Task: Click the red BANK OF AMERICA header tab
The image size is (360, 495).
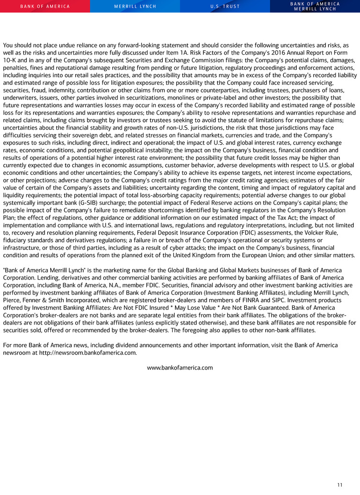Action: tap(45, 6)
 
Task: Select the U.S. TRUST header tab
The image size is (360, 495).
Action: tap(225, 6)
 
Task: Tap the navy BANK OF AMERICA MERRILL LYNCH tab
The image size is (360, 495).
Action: tap(315, 6)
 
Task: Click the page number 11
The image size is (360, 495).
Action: tap(339, 485)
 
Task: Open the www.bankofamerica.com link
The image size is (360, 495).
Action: tap(180, 368)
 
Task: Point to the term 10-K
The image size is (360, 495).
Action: tap(11, 61)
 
